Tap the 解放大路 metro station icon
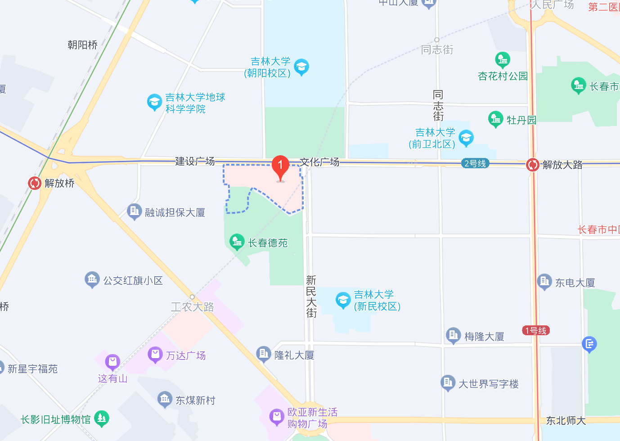click(x=533, y=165)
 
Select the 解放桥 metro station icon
click(x=35, y=183)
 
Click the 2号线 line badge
click(x=475, y=163)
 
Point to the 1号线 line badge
click(x=536, y=331)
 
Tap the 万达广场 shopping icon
click(x=155, y=355)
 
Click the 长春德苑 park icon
click(x=237, y=242)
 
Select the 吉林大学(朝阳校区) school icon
click(x=301, y=67)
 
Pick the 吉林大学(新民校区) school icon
click(x=343, y=300)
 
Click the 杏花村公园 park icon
click(x=502, y=60)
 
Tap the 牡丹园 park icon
click(x=495, y=119)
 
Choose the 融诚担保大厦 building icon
click(x=134, y=211)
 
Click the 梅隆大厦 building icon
click(x=453, y=335)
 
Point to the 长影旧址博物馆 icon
click(x=102, y=419)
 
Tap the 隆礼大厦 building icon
click(x=263, y=354)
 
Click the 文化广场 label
click(x=319, y=162)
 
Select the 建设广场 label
click(x=195, y=161)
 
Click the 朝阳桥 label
click(x=83, y=45)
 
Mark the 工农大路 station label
click(x=193, y=307)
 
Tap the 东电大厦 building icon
click(x=544, y=282)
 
